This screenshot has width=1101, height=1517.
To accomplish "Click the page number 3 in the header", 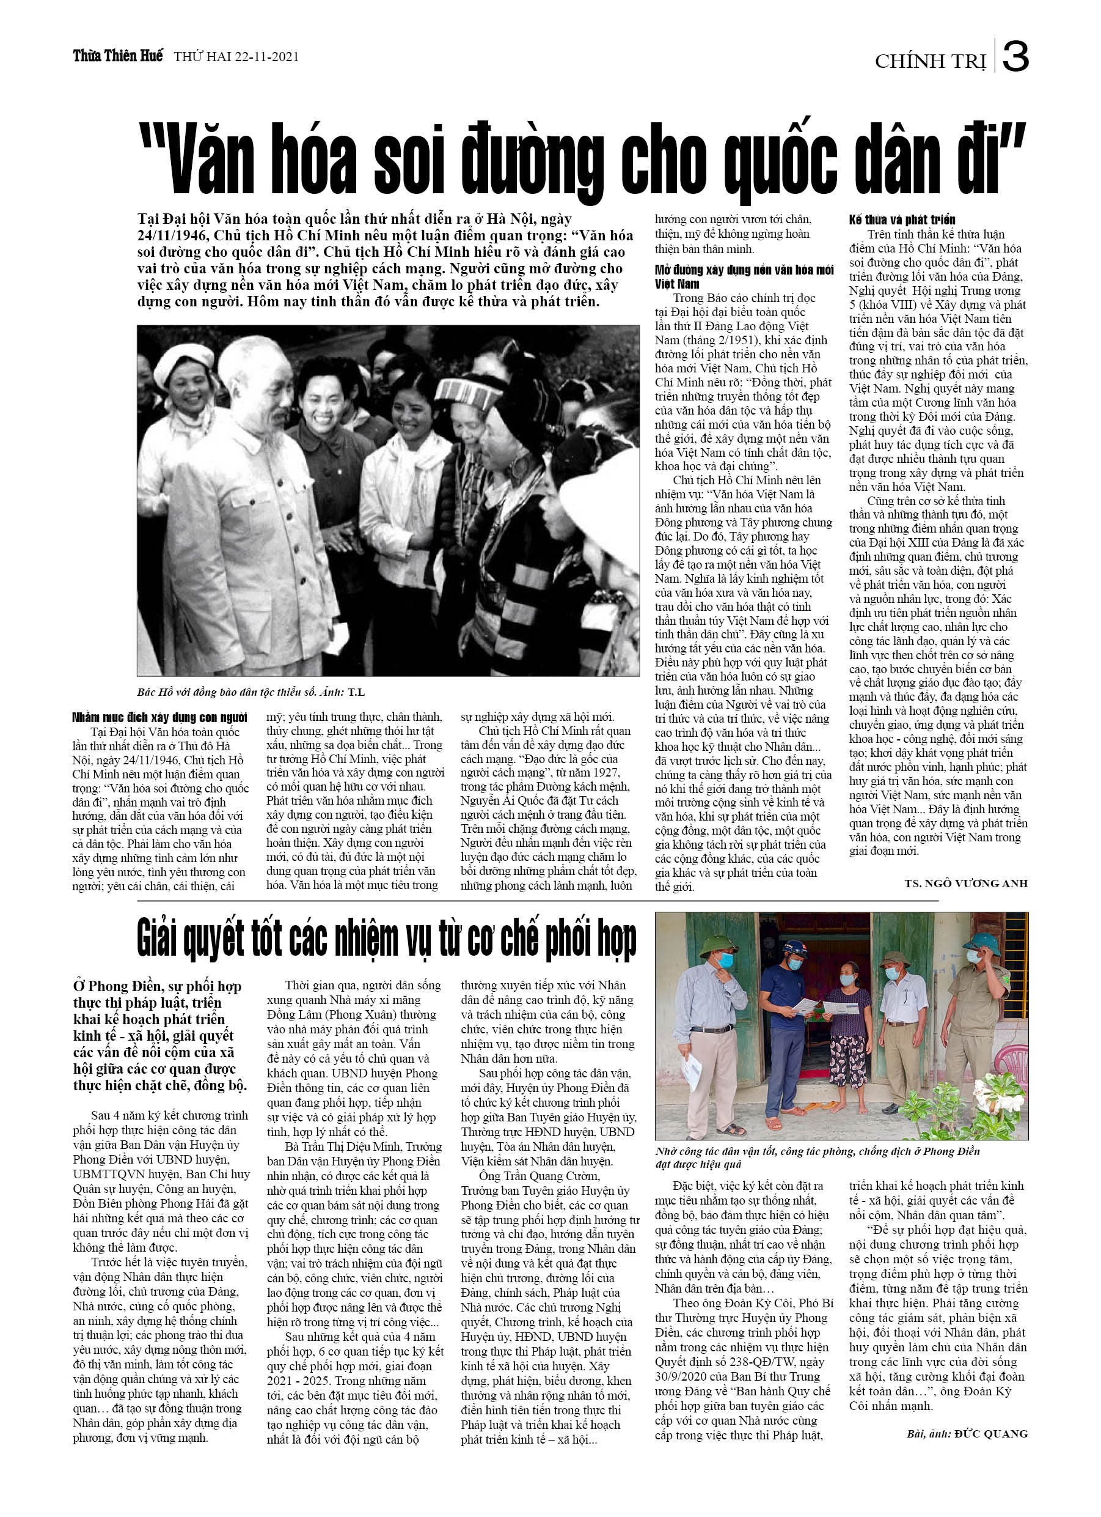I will click(x=1015, y=57).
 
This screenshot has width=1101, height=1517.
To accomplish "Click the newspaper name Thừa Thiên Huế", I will click(x=118, y=56).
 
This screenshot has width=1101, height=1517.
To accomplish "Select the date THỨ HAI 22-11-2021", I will click(x=236, y=57).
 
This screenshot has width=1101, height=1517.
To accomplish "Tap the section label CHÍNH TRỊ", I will click(x=930, y=62).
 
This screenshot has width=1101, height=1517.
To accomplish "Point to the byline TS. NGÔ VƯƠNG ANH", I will click(x=965, y=884).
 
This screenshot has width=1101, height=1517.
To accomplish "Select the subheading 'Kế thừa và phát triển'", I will click(x=902, y=220).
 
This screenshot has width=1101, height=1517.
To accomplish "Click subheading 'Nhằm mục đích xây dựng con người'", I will click(x=159, y=718).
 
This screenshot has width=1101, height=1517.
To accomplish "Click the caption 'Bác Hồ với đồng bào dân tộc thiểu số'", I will click(x=226, y=692).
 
